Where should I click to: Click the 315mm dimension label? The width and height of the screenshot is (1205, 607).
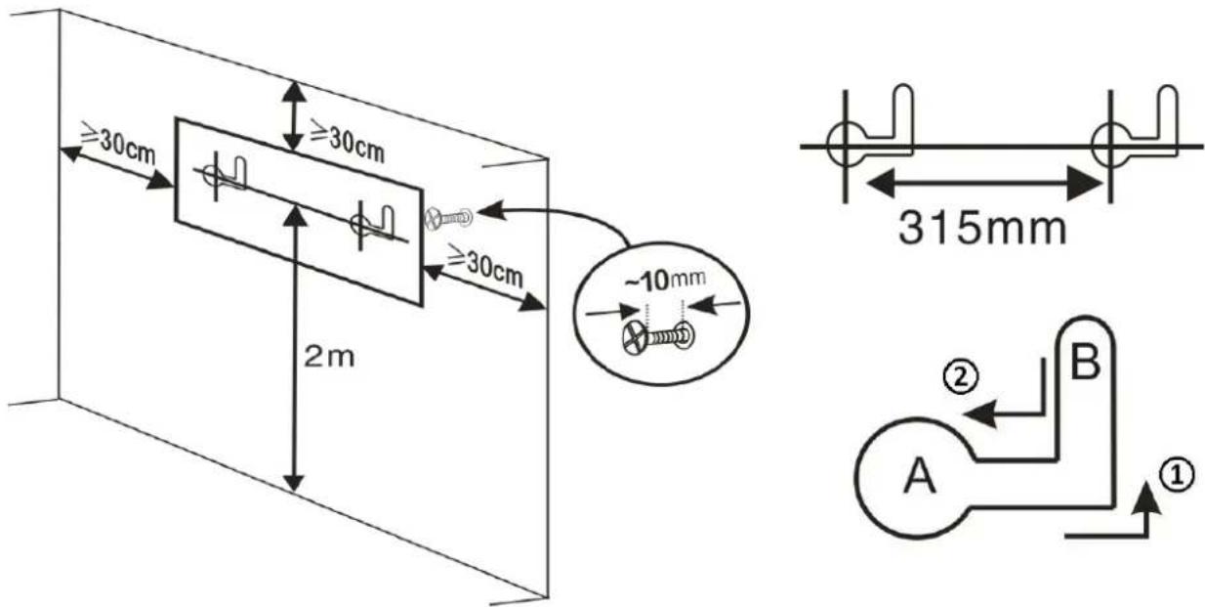(982, 229)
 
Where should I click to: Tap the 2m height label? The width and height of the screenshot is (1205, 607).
(329, 357)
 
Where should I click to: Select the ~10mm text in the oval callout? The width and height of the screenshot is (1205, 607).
(665, 281)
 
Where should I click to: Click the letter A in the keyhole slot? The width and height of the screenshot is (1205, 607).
(920, 475)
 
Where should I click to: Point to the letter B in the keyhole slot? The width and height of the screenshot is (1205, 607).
(1086, 362)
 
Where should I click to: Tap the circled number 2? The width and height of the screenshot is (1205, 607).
(961, 377)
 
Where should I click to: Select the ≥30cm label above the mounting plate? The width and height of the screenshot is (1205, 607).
(348, 141)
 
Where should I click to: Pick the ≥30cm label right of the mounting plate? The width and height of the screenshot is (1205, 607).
(485, 266)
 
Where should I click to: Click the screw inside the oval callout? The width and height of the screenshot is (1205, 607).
(658, 337)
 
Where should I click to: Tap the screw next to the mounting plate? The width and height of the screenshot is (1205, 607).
(448, 219)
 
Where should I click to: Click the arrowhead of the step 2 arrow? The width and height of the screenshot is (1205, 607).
(979, 414)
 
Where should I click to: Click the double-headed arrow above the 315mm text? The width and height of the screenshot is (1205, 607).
(985, 183)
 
